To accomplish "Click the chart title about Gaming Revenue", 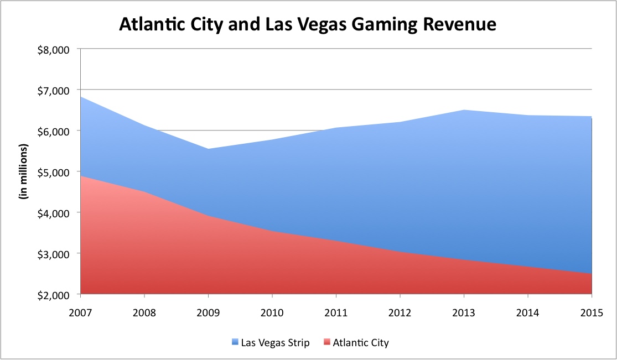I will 308,25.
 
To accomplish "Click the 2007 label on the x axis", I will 81,312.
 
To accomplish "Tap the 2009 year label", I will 209,312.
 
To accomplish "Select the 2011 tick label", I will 336,312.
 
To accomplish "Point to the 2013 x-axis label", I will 464,312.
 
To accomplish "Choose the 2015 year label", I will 592,312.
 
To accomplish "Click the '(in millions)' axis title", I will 24,171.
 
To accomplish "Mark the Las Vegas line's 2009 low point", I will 209,149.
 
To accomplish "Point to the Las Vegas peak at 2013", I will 464,110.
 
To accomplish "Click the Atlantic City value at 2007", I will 81,176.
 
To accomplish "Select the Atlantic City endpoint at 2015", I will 592,274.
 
